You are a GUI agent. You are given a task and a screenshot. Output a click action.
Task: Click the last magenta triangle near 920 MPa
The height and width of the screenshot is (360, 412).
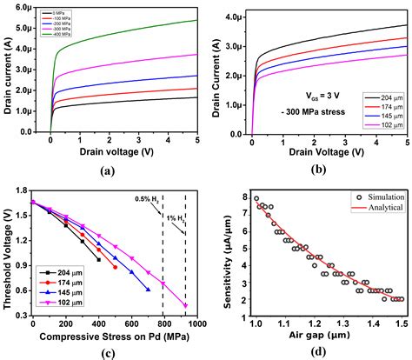[185, 305]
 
